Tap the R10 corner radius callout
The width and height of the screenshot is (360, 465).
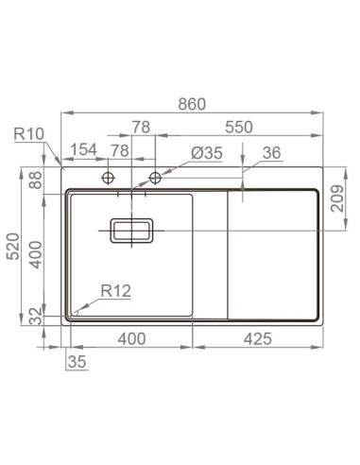(29, 135)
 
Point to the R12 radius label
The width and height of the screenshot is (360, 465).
(115, 293)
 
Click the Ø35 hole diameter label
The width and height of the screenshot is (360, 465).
(205, 152)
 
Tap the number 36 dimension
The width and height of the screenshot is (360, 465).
(271, 152)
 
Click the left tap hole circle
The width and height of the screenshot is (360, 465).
(109, 177)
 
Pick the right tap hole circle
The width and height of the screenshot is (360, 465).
(156, 177)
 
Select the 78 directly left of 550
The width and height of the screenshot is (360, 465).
(141, 127)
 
